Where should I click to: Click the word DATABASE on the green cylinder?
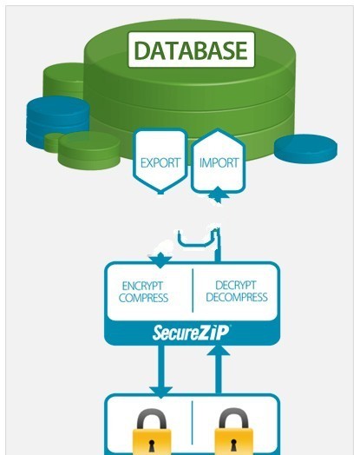click(x=191, y=50)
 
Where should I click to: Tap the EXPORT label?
click(x=160, y=162)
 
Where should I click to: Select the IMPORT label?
click(x=219, y=162)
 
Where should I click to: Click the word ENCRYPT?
click(x=142, y=286)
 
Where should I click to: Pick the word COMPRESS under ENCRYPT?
click(x=143, y=298)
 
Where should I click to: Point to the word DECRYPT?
click(x=236, y=285)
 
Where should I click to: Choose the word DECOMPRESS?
click(x=237, y=297)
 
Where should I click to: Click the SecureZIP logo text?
click(x=191, y=333)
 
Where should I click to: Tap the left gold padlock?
click(x=152, y=432)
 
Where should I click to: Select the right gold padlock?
click(x=233, y=432)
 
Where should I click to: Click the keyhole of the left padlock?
click(x=152, y=445)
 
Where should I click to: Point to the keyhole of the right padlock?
click(x=233, y=445)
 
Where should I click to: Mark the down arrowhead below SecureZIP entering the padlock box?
click(x=161, y=392)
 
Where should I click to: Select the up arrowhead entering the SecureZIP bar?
click(x=219, y=350)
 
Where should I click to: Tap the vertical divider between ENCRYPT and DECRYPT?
click(x=193, y=291)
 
